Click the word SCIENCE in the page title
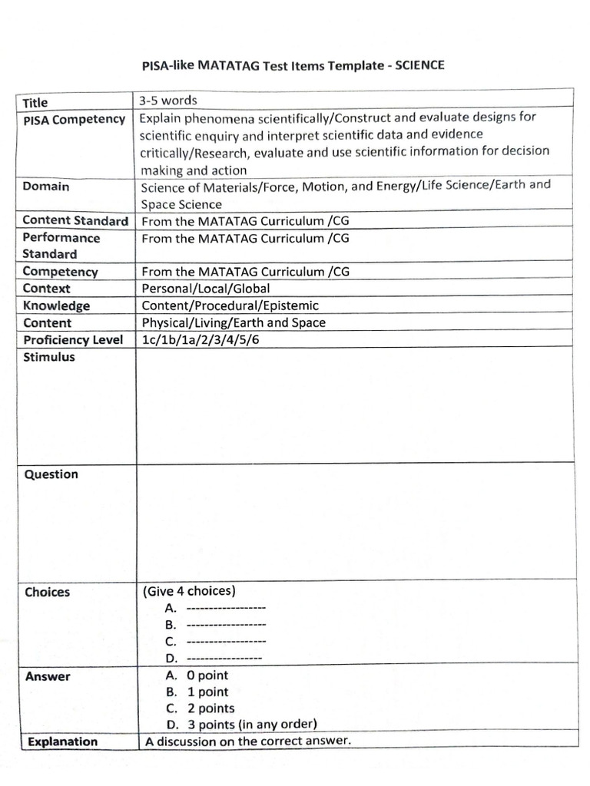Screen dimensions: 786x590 tap(419, 66)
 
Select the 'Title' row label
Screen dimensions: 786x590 tap(35, 103)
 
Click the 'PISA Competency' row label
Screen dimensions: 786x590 tap(74, 119)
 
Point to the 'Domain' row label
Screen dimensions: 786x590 tap(46, 187)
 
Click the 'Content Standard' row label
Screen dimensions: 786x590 tap(75, 221)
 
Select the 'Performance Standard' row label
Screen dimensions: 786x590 tap(61, 246)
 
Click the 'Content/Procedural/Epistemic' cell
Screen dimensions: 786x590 tap(230, 305)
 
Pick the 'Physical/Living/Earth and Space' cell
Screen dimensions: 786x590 tap(234, 322)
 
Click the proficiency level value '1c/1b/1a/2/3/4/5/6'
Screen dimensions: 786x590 tap(197, 340)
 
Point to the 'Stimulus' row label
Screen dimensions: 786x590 tap(49, 357)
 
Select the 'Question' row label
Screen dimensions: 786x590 tap(51, 474)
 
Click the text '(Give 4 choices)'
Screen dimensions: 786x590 tap(189, 591)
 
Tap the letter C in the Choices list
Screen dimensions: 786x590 tap(171, 642)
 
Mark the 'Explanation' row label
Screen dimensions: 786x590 tap(63, 741)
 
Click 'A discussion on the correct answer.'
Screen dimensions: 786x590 tap(247, 741)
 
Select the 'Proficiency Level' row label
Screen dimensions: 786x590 tap(73, 340)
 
